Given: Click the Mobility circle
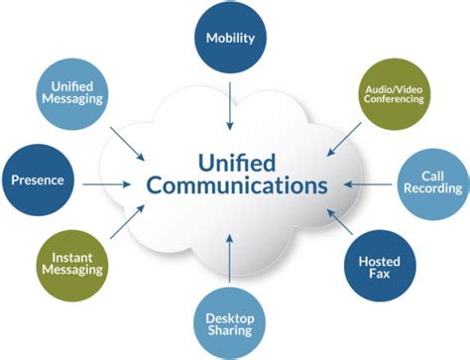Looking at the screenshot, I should point(230,39).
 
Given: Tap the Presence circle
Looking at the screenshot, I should point(39,181).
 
